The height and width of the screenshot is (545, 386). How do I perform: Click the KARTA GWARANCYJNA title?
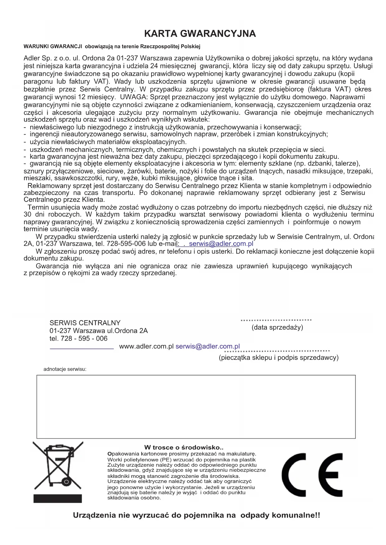pyautogui.click(x=200, y=34)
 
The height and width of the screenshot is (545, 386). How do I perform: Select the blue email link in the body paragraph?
pyautogui.click(x=221, y=244)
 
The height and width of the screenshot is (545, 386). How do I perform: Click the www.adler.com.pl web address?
pyautogui.click(x=146, y=346)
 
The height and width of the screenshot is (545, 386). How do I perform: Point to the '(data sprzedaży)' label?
pyautogui.click(x=277, y=327)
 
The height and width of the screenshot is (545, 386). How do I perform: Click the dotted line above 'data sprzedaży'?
pyautogui.click(x=276, y=320)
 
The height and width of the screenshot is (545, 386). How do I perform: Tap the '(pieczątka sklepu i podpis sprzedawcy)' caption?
pyautogui.click(x=278, y=358)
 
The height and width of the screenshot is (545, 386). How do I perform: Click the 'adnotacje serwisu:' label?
pyautogui.click(x=65, y=369)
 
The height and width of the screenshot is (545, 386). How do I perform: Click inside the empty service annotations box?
pyautogui.click(x=196, y=406)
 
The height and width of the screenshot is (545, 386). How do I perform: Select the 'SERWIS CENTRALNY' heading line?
pyautogui.click(x=85, y=323)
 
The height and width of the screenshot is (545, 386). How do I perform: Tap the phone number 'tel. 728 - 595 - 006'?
pyautogui.click(x=78, y=339)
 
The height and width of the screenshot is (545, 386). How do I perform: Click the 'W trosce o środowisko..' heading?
pyautogui.click(x=184, y=447)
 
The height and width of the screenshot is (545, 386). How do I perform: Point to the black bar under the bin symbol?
pyautogui.click(x=58, y=498)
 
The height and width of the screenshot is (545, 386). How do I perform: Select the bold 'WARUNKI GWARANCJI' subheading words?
pyautogui.click(x=53, y=47)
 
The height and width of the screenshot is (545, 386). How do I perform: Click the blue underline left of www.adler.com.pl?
pyautogui.click(x=81, y=349)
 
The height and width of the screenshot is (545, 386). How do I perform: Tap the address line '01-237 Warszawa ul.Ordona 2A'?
pyautogui.click(x=99, y=331)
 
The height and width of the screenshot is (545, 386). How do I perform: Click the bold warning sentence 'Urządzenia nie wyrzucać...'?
pyautogui.click(x=196, y=515)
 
